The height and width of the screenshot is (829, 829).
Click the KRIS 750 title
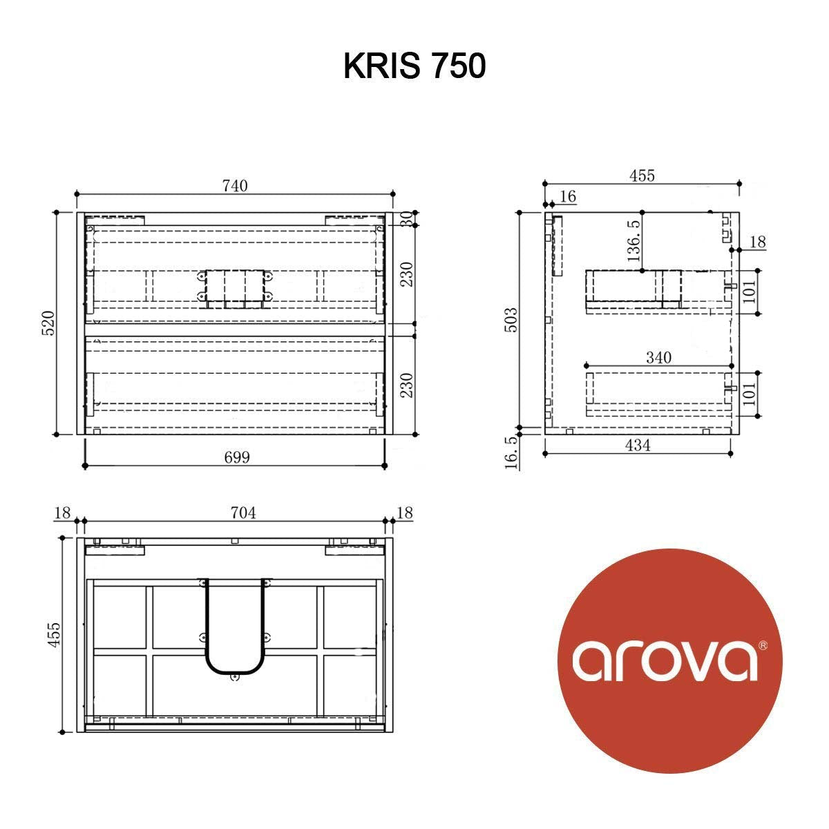pyautogui.click(x=414, y=66)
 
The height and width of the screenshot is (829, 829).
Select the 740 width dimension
pyautogui.click(x=235, y=185)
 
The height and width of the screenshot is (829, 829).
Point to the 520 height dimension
pyautogui.click(x=48, y=323)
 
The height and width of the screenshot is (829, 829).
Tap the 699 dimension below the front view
pyautogui.click(x=236, y=457)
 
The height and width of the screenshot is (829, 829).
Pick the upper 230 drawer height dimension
pyautogui.click(x=407, y=274)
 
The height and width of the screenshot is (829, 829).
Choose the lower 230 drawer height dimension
pyautogui.click(x=407, y=385)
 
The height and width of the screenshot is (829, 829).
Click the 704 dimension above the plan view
pyautogui.click(x=242, y=513)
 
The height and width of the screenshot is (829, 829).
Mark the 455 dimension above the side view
pyautogui.click(x=642, y=175)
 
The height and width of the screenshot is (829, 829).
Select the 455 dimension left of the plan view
pyautogui.click(x=55, y=634)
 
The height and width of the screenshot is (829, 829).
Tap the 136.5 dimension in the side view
pyautogui.click(x=633, y=240)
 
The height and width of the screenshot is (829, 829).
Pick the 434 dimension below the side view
pyautogui.click(x=637, y=446)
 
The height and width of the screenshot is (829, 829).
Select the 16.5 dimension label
pyautogui.click(x=512, y=453)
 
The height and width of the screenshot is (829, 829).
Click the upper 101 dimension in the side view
pyautogui.click(x=750, y=292)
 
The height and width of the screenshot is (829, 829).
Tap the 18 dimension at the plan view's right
pyautogui.click(x=405, y=513)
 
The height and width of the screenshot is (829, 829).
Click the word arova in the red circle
pyautogui.click(x=663, y=660)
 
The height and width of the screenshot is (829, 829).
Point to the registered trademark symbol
pyautogui.click(x=763, y=645)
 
